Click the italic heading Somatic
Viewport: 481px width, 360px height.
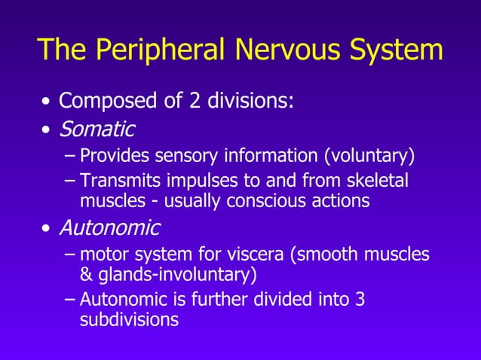click(x=97, y=130)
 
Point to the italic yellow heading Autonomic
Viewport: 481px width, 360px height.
click(x=109, y=227)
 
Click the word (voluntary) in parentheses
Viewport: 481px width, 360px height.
click(x=369, y=157)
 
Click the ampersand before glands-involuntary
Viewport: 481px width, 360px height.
click(x=86, y=273)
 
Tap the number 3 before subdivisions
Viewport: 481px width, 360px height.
click(x=360, y=299)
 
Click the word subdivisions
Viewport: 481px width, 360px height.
click(x=129, y=319)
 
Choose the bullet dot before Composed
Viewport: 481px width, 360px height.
click(x=47, y=102)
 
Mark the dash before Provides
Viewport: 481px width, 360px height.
click(x=70, y=157)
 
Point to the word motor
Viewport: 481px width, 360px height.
click(x=104, y=255)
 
